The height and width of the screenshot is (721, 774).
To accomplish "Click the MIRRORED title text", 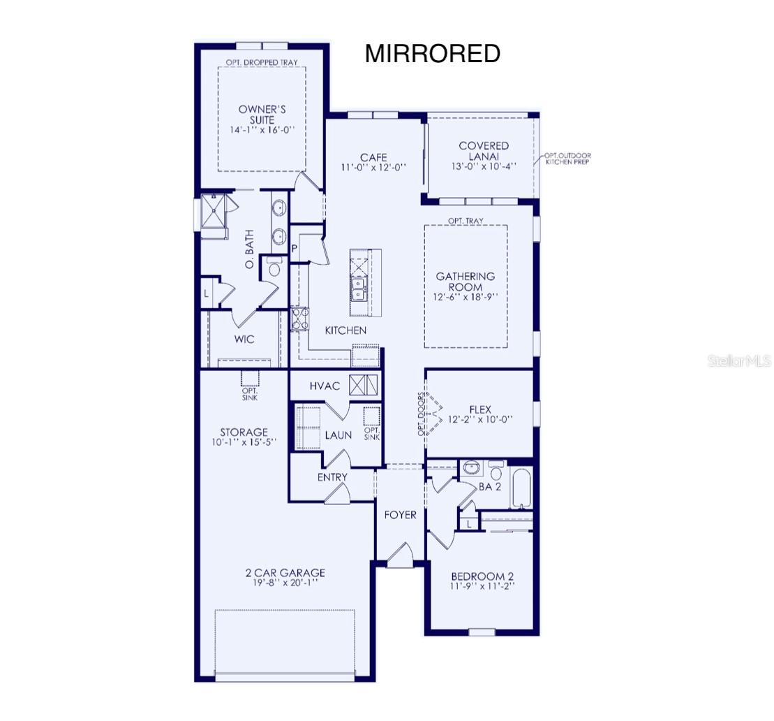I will click(x=432, y=54).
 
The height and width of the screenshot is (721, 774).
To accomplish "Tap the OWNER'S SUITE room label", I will click(x=262, y=115).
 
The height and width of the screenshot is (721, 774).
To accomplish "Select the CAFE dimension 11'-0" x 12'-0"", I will click(x=373, y=168).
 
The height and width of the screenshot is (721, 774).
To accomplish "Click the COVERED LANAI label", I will click(x=484, y=151).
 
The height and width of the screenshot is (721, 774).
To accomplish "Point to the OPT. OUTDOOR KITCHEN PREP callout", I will click(x=567, y=158).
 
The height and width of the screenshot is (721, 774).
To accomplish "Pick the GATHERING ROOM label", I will click(x=465, y=282).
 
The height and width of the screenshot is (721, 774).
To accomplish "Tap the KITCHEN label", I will click(x=345, y=330).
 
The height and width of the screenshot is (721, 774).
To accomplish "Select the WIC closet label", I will click(x=244, y=340).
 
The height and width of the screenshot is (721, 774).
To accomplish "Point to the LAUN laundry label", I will click(x=338, y=435).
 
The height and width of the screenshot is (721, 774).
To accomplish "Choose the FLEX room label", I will click(x=480, y=410).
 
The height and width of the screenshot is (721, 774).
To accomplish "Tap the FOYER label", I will click(x=401, y=515).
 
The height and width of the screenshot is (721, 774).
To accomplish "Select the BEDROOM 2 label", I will click(x=482, y=576).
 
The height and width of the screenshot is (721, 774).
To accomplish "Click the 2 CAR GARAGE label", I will click(x=285, y=573).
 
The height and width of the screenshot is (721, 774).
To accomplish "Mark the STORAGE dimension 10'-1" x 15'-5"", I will click(x=244, y=442).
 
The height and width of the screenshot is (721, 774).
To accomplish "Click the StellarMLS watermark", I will click(x=740, y=361).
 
